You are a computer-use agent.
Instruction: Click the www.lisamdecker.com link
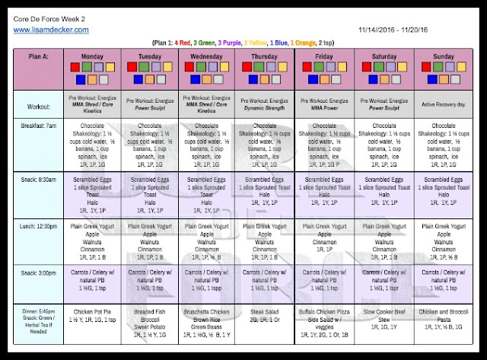pyautogui.click(x=52, y=30)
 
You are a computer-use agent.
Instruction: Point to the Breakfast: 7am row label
pyautogui.click(x=40, y=126)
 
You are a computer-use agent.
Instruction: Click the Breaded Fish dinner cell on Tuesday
pyautogui.click(x=150, y=317)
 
